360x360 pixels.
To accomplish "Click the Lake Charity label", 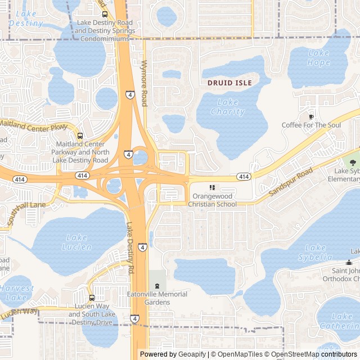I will pyautogui.click(x=227, y=107).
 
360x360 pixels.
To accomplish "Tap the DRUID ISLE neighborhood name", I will pyautogui.click(x=229, y=83).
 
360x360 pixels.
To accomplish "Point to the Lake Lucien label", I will pyautogui.click(x=78, y=242).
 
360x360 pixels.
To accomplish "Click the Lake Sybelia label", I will pyautogui.click(x=317, y=252).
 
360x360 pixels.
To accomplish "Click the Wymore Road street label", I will pyautogui.click(x=144, y=83).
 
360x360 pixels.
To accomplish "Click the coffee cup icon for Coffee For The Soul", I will pyautogui.click(x=311, y=116).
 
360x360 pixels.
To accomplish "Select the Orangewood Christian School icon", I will pyautogui.click(x=212, y=188).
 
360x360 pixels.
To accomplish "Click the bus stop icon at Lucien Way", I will pyautogui.click(x=92, y=298).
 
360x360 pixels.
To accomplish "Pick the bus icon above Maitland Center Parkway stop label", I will pyautogui.click(x=80, y=136).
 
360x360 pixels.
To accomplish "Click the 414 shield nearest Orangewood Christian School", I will pyautogui.click(x=243, y=177).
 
